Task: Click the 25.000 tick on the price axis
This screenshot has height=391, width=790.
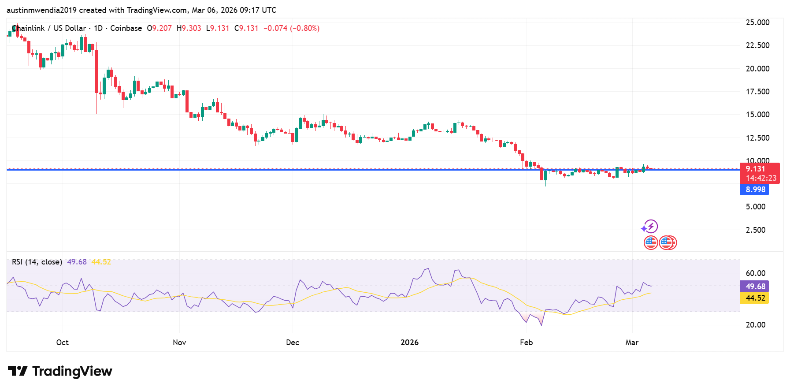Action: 757,22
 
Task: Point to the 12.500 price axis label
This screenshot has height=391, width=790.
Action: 757,138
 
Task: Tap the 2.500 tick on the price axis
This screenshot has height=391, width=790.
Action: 755,230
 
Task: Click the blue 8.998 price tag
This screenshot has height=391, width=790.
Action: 755,190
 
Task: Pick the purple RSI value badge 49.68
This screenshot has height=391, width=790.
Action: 755,287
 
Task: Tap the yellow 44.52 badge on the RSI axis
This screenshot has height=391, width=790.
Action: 755,298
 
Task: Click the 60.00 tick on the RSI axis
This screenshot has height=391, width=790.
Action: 755,273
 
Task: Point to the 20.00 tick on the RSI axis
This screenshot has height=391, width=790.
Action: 755,325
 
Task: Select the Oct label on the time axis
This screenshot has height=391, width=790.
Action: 63,343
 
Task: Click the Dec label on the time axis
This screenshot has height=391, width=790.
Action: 293,343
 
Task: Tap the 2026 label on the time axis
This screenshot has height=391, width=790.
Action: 409,343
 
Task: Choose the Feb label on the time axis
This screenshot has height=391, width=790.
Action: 526,343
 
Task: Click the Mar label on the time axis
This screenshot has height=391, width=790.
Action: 632,343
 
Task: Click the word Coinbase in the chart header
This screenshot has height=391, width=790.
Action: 126,28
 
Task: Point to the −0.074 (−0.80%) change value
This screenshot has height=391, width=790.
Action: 291,28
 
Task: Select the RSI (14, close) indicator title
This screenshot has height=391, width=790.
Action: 37,262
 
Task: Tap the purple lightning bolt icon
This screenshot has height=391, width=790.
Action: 650,227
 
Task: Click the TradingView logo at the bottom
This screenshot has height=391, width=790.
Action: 60,371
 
